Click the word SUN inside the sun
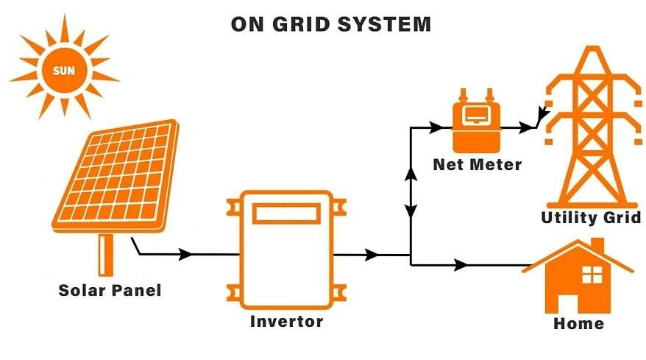coord(65,71)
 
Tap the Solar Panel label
coord(110,290)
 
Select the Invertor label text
coord(286,321)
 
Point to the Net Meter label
coord(477,164)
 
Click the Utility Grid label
coord(591,218)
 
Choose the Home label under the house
coord(578,323)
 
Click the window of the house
coord(592,275)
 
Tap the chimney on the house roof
coord(597,244)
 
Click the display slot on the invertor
coord(287,213)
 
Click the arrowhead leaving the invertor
coord(373,255)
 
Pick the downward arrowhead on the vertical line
coord(411,211)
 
